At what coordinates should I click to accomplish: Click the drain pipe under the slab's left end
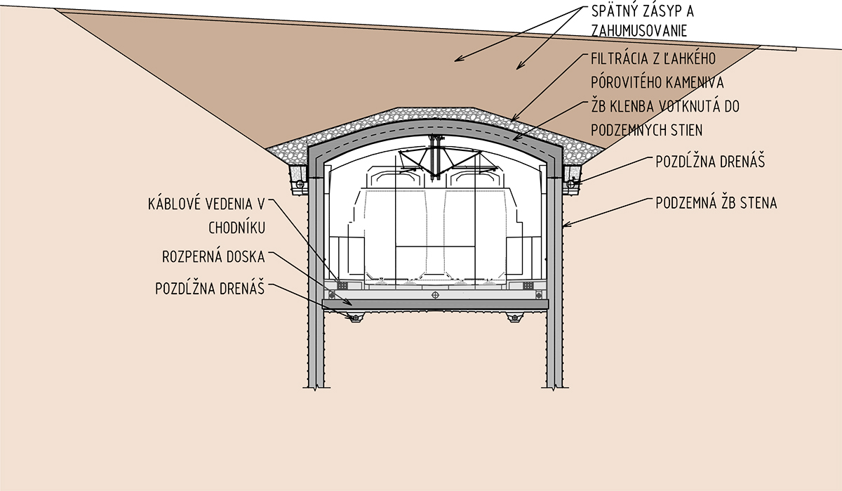(x=355, y=318)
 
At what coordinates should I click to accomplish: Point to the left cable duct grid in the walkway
(x=343, y=285)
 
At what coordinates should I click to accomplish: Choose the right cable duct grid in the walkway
(x=527, y=285)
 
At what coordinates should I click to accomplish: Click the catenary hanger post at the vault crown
(x=436, y=151)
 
